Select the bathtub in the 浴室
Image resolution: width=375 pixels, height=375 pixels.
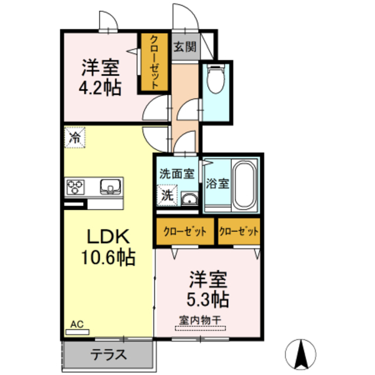pos(244,185)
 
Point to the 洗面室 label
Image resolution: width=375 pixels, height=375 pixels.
pos(176,173)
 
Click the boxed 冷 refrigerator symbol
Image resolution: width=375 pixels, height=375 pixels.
pos(75,138)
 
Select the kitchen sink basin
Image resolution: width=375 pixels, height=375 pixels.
pos(110,187)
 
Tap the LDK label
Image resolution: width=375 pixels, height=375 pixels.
pos(108,237)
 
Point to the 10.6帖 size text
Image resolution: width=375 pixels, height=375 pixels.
pos(108,257)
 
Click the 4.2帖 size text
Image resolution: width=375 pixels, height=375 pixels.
pos(100,87)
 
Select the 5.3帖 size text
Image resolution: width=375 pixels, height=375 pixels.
pos(207,299)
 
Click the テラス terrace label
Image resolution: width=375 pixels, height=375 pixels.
pos(109,355)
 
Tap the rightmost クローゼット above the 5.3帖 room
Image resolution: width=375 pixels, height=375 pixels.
pos(238,231)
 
